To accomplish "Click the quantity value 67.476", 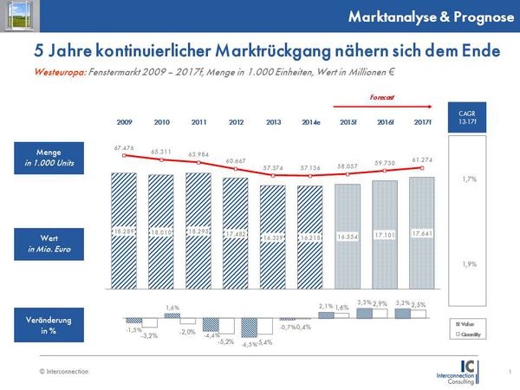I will point(123,147).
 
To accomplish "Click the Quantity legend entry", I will point(473,334).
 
